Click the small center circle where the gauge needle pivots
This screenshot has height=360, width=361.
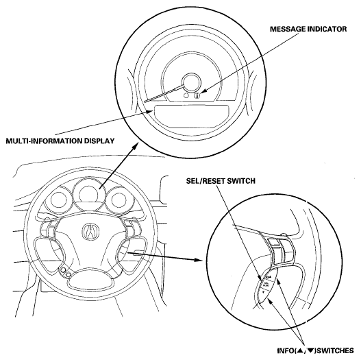(191, 83)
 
